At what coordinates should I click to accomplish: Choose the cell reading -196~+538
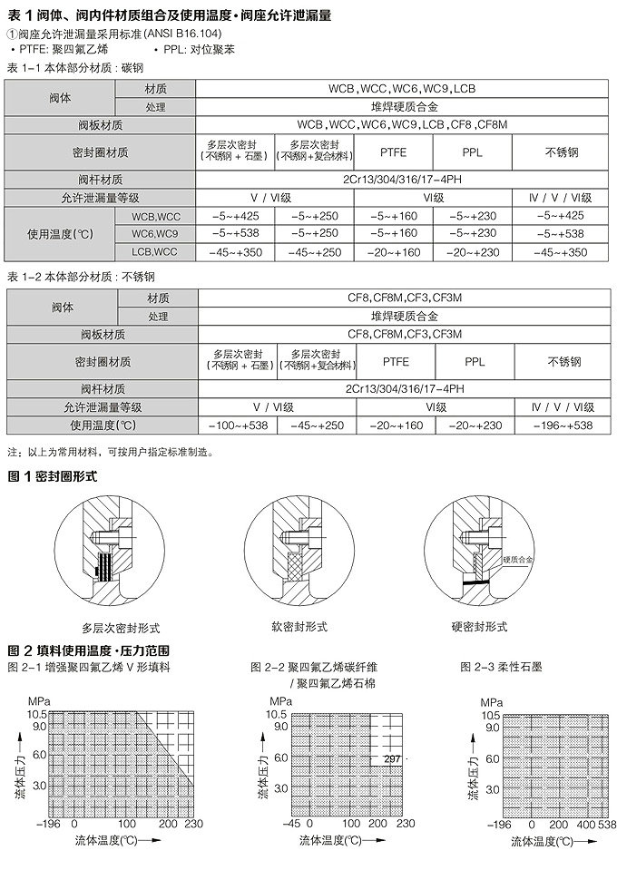click(562, 425)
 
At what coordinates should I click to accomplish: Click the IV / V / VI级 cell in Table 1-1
click(562, 197)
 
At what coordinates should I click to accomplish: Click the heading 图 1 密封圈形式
click(52, 475)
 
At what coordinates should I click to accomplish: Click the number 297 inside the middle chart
click(391, 758)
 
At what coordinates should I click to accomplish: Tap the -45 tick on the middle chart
click(291, 824)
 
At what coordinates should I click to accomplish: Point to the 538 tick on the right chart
click(606, 824)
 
